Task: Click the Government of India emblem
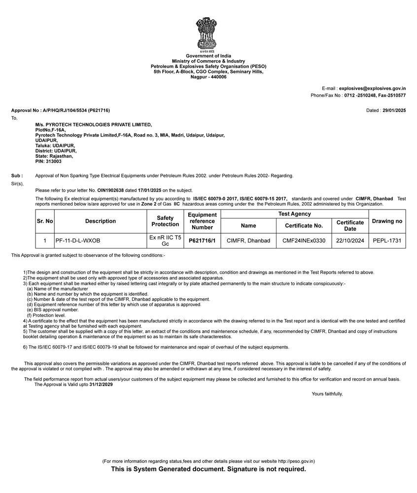coord(207,34)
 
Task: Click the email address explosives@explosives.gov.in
coord(372,88)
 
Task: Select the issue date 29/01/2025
coord(394,110)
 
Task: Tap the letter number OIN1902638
coord(110,190)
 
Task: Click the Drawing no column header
coord(387,221)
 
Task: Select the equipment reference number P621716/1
coord(202,241)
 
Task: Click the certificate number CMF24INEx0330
coord(304,241)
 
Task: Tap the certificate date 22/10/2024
coord(350,241)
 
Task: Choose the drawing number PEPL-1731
coord(387,241)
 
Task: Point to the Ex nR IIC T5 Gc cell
coord(165,241)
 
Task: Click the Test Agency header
coord(294,214)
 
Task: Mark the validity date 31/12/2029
coord(101,385)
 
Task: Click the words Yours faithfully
coord(327,394)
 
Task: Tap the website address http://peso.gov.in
coord(296,461)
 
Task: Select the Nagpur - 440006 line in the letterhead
coord(208,77)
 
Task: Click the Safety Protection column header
coord(165,221)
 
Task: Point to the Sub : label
coord(17,176)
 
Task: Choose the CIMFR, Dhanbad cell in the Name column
coord(248,241)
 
